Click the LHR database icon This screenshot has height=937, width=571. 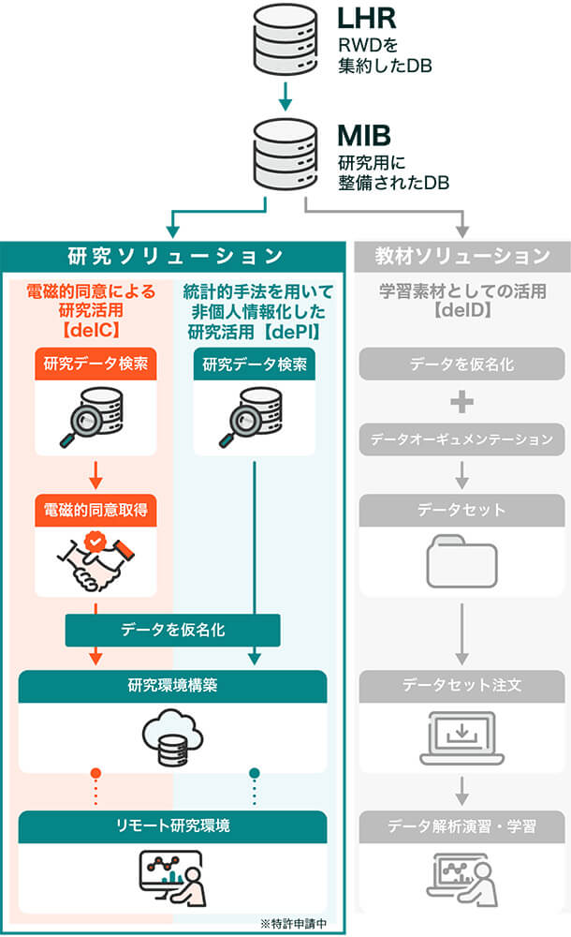283,39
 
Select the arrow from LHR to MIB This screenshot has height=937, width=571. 283,96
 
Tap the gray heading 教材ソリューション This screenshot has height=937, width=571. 462,256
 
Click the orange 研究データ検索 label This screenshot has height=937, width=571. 95,364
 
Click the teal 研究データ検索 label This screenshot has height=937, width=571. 254,364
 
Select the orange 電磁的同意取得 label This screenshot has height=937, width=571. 95,511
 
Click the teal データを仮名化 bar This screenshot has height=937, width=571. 172,631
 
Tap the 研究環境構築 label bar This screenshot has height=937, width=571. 172,686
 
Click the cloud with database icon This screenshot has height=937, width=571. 172,735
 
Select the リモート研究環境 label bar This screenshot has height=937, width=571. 172,825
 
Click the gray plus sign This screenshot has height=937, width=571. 462,401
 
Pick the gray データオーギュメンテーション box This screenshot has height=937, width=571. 462,439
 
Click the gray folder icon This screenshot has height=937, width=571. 462,560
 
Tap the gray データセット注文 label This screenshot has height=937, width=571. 462,686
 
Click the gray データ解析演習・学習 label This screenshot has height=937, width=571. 462,825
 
